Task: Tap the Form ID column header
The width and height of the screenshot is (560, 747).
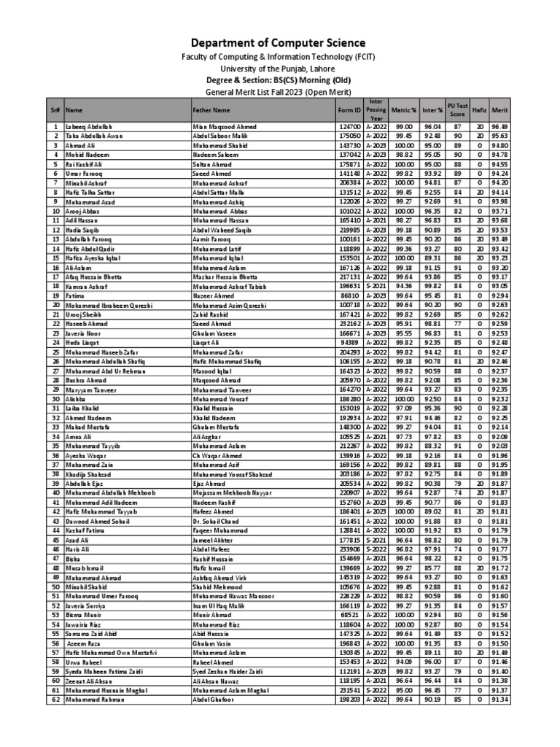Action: pos(349,110)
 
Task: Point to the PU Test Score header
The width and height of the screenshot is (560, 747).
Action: pos(457,110)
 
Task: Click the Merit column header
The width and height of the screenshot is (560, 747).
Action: pos(499,110)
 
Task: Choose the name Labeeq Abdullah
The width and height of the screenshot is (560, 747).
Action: pos(90,127)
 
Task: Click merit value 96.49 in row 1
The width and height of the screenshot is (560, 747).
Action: pos(499,127)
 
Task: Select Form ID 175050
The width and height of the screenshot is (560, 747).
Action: pos(349,136)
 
